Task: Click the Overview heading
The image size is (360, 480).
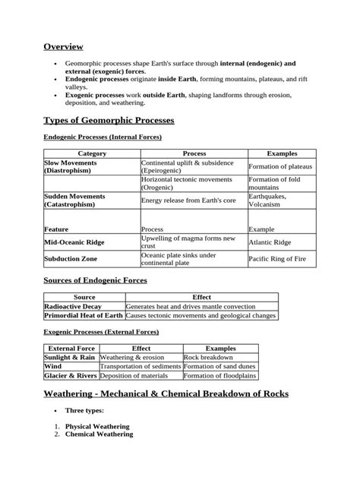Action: pos(63,47)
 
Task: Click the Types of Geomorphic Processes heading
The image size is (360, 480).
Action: pos(109,121)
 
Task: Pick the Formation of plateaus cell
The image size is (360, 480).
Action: pos(281,166)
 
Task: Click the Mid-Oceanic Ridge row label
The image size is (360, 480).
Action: pos(74,243)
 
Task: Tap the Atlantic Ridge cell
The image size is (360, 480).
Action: pos(270,243)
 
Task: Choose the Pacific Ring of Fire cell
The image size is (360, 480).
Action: pos(279,260)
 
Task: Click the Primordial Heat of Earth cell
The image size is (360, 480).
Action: pos(84,315)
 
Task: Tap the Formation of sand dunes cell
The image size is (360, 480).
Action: pos(219,366)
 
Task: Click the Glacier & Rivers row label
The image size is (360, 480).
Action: pos(71,375)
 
